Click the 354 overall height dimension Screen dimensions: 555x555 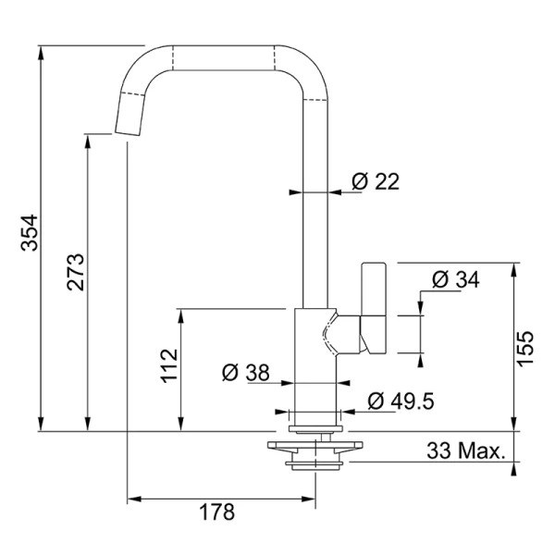[30, 233]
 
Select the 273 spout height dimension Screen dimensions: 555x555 [76, 272]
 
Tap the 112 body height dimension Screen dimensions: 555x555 [169, 365]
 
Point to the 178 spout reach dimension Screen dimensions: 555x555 [217, 512]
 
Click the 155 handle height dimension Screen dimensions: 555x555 [524, 349]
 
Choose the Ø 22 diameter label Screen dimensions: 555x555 [376, 181]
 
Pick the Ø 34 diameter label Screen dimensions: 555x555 [456, 279]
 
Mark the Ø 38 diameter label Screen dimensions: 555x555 [246, 373]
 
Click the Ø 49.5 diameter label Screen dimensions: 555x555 [401, 401]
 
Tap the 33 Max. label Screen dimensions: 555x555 [466, 450]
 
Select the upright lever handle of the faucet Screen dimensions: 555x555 [374, 308]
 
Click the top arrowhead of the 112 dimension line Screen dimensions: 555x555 [181, 316]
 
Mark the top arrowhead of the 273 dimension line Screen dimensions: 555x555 [88, 142]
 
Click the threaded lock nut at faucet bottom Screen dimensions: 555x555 [315, 465]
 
